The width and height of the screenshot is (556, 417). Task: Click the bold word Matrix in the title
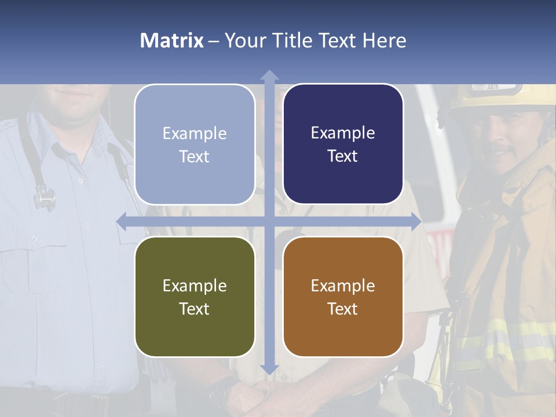172,41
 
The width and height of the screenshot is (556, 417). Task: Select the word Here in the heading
384,41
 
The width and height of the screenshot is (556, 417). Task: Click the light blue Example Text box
195,144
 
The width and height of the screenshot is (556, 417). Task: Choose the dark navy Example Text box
343,144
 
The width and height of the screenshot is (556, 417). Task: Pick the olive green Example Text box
195,297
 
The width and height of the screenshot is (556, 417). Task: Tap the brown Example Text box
343,297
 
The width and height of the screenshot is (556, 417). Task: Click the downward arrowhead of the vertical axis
269,369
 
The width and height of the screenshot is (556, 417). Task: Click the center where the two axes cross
269,221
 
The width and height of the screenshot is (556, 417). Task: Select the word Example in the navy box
343,133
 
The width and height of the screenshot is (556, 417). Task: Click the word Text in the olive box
195,309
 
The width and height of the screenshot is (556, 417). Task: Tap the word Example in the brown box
343,286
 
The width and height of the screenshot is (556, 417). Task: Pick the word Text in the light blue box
195,156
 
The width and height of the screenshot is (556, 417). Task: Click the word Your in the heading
242,41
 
